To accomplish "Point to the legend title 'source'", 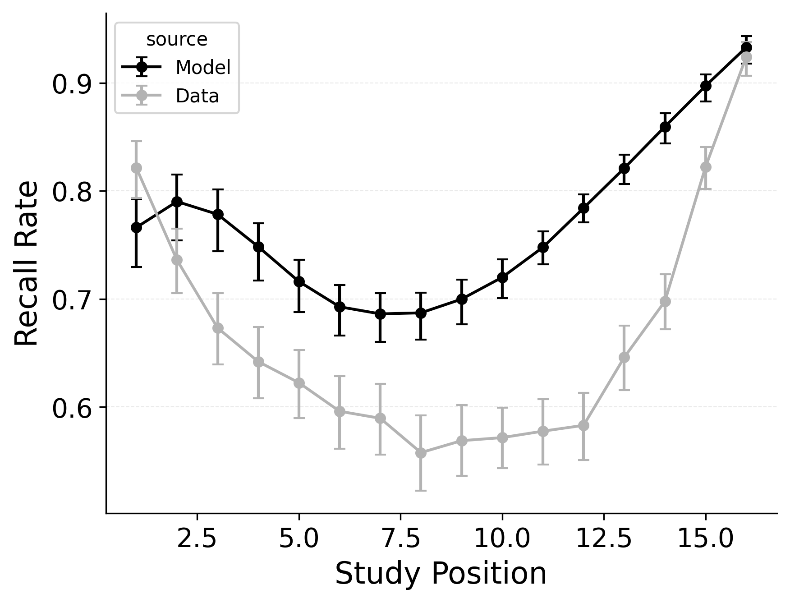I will (x=177, y=40).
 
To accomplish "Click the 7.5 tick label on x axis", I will (x=400, y=539).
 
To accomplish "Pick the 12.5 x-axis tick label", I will (x=604, y=539).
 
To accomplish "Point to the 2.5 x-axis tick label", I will (x=197, y=539).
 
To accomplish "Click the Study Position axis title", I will (x=441, y=574).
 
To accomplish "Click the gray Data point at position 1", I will (x=136, y=168).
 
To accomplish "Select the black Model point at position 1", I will (x=136, y=228).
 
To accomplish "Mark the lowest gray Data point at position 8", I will (x=421, y=453).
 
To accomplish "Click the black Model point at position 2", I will (x=177, y=202).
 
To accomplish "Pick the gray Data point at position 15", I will (x=706, y=167).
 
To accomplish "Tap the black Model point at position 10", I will (x=502, y=277).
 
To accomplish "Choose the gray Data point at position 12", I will (x=583, y=425).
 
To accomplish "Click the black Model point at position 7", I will (x=380, y=314).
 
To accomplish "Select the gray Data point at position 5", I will (x=299, y=383).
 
